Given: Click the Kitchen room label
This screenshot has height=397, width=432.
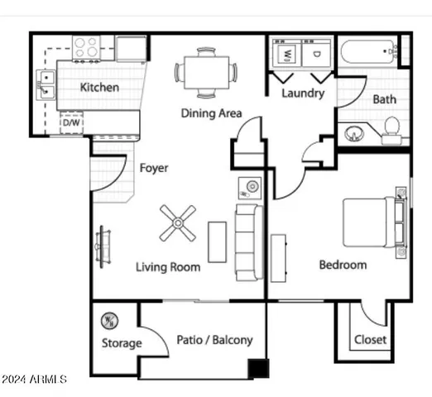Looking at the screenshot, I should tap(98, 87).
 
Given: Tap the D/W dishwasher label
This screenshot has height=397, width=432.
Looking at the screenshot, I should tap(71, 123).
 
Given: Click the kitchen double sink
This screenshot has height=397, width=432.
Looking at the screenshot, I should tap(46, 83).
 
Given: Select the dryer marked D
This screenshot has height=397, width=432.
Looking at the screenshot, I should tap(317, 55).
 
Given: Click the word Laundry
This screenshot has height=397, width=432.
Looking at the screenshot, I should tap(302, 93).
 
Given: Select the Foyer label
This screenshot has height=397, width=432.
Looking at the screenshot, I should tap(153, 168).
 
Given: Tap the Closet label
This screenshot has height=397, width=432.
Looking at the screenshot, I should tap(369, 340).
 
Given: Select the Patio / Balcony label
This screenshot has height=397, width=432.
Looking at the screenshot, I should tap(214, 340).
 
